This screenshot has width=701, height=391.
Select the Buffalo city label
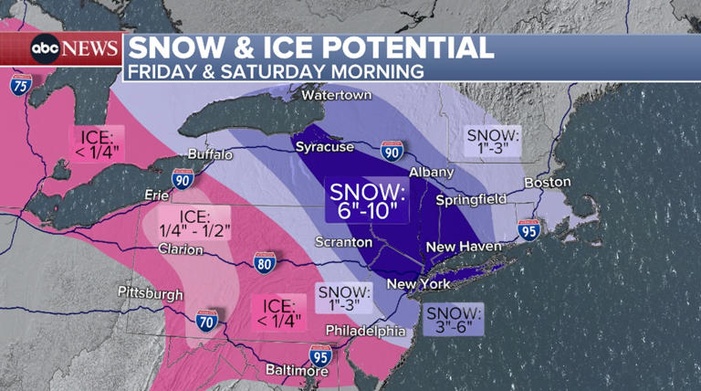[x=210, y=154]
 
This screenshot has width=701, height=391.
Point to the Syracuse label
[x=324, y=146]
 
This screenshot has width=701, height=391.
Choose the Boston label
[x=548, y=182]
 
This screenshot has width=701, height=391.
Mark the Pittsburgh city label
[x=150, y=292]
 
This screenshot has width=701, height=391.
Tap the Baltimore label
[x=298, y=371]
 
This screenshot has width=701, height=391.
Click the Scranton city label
[x=343, y=242]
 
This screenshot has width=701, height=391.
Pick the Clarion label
[x=180, y=248]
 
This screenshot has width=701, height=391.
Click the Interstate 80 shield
[x=265, y=262]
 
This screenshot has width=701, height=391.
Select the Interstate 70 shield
[x=206, y=321]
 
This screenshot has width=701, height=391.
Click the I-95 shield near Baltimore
[x=320, y=353]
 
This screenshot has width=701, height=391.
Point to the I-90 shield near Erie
[x=182, y=179]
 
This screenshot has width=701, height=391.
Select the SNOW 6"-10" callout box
[x=368, y=200]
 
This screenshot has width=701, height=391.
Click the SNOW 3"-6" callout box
[x=455, y=319]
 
